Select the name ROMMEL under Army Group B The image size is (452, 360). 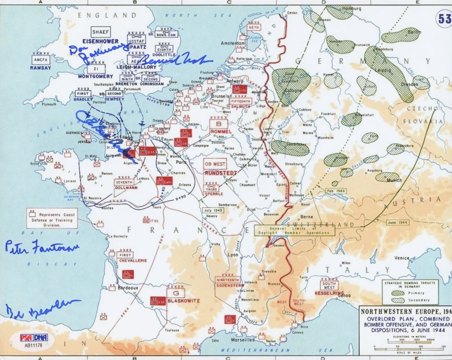tap(221, 132)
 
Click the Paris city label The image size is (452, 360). tap(181, 161)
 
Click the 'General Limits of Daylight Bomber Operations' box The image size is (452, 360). tap(294, 230)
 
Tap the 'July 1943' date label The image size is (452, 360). tap(214, 210)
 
